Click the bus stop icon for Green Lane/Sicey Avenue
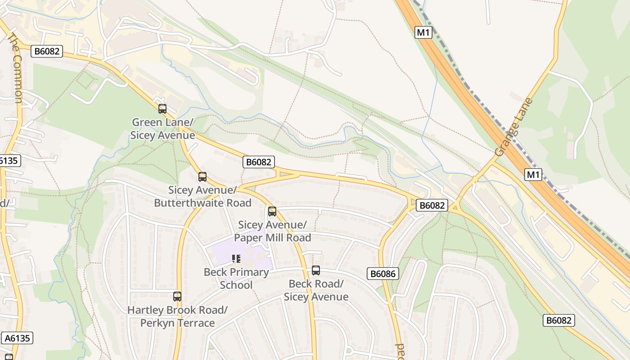tap(162, 109)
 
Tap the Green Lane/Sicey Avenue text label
tap(162, 129)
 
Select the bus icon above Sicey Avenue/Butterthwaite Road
tap(202, 177)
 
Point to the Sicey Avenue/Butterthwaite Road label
tap(202, 196)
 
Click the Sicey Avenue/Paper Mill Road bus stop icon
tap(272, 211)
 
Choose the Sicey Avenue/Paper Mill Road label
tap(272, 231)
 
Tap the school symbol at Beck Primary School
tap(236, 259)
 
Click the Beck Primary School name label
tap(236, 279)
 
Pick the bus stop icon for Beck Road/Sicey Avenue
tap(316, 270)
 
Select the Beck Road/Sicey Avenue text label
tap(316, 290)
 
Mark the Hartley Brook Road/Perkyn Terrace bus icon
tap(177, 297)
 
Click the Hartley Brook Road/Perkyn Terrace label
tap(177, 316)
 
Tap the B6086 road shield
tap(383, 274)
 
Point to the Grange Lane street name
tap(513, 127)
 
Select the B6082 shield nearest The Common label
tap(47, 51)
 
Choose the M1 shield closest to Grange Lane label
tap(533, 175)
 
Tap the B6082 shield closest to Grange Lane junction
tap(432, 205)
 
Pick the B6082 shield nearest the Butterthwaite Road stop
tap(259, 162)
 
